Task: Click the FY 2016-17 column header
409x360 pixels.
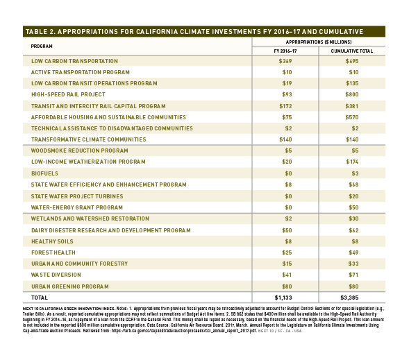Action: pyautogui.click(x=285, y=51)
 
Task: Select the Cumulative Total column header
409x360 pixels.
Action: pyautogui.click(x=352, y=51)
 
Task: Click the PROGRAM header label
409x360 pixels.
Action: pyautogui.click(x=42, y=46)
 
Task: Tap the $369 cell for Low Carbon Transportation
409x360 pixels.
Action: pyautogui.click(x=285, y=61)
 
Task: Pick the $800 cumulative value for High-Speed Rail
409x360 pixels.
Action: pyautogui.click(x=352, y=94)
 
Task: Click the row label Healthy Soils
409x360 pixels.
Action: pyautogui.click(x=52, y=241)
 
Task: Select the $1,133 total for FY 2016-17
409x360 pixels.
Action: pyautogui.click(x=283, y=298)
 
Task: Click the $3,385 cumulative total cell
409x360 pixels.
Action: pyautogui.click(x=349, y=298)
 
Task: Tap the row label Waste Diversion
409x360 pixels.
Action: pyautogui.click(x=56, y=275)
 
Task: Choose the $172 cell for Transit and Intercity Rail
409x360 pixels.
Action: pyautogui.click(x=285, y=106)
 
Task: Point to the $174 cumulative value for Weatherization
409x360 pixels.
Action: pyautogui.click(x=352, y=162)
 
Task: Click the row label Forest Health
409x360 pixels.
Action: pyautogui.click(x=53, y=252)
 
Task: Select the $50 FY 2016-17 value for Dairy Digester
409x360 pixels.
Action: pyautogui.click(x=287, y=230)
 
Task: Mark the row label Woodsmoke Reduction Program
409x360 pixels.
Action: pyautogui.click(x=80, y=151)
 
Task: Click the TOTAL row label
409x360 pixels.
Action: pyautogui.click(x=40, y=298)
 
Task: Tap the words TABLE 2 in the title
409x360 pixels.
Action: pyautogui.click(x=39, y=31)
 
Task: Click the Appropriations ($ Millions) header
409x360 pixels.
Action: pyautogui.click(x=319, y=42)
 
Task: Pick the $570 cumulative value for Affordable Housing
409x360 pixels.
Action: pyautogui.click(x=352, y=117)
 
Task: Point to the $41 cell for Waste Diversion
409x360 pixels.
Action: pyautogui.click(x=287, y=275)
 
